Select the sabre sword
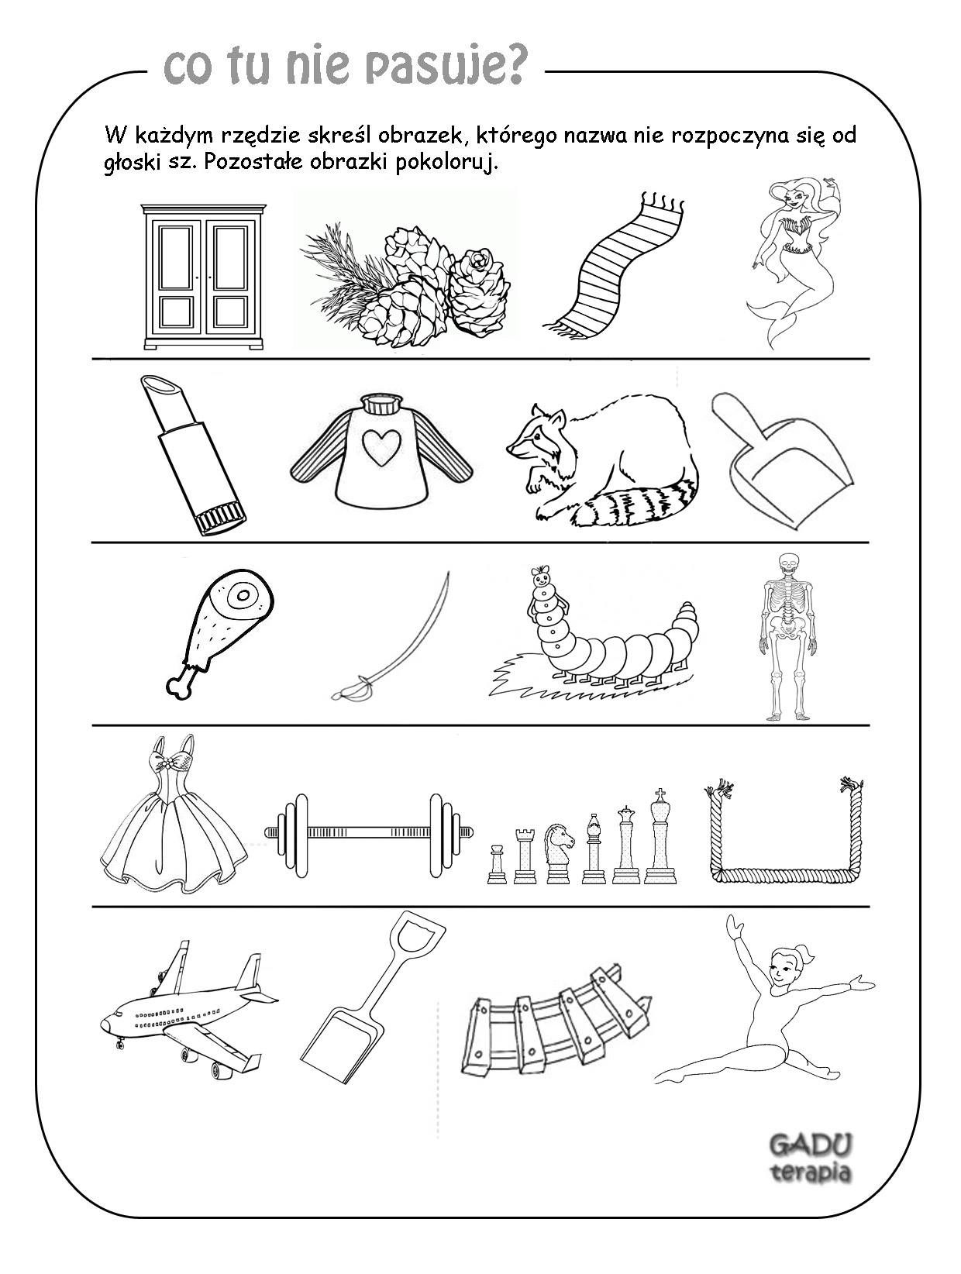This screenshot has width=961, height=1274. coord(392,635)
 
